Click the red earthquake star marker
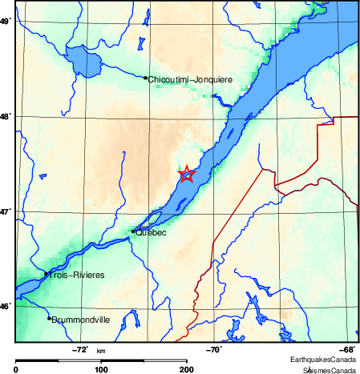pyautogui.click(x=186, y=175)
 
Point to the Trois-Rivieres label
pyautogui.click(x=77, y=275)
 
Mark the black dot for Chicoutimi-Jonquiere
pyautogui.click(x=145, y=78)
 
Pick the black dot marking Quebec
pyautogui.click(x=133, y=231)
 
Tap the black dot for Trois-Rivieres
pyautogui.click(x=46, y=274)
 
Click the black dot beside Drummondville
pyautogui.click(x=49, y=318)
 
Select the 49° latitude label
pyautogui.click(x=5, y=22)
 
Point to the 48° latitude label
pyautogui.click(x=5, y=117)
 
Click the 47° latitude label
pyautogui.click(x=5, y=211)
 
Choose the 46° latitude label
pyautogui.click(x=5, y=306)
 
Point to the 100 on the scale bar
pyautogui.click(x=101, y=369)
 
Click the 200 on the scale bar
pyautogui.click(x=186, y=369)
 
